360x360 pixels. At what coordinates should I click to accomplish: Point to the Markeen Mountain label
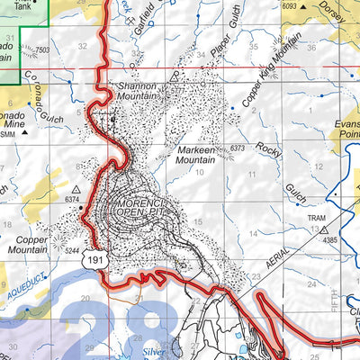pyautogui.click(x=200, y=154)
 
